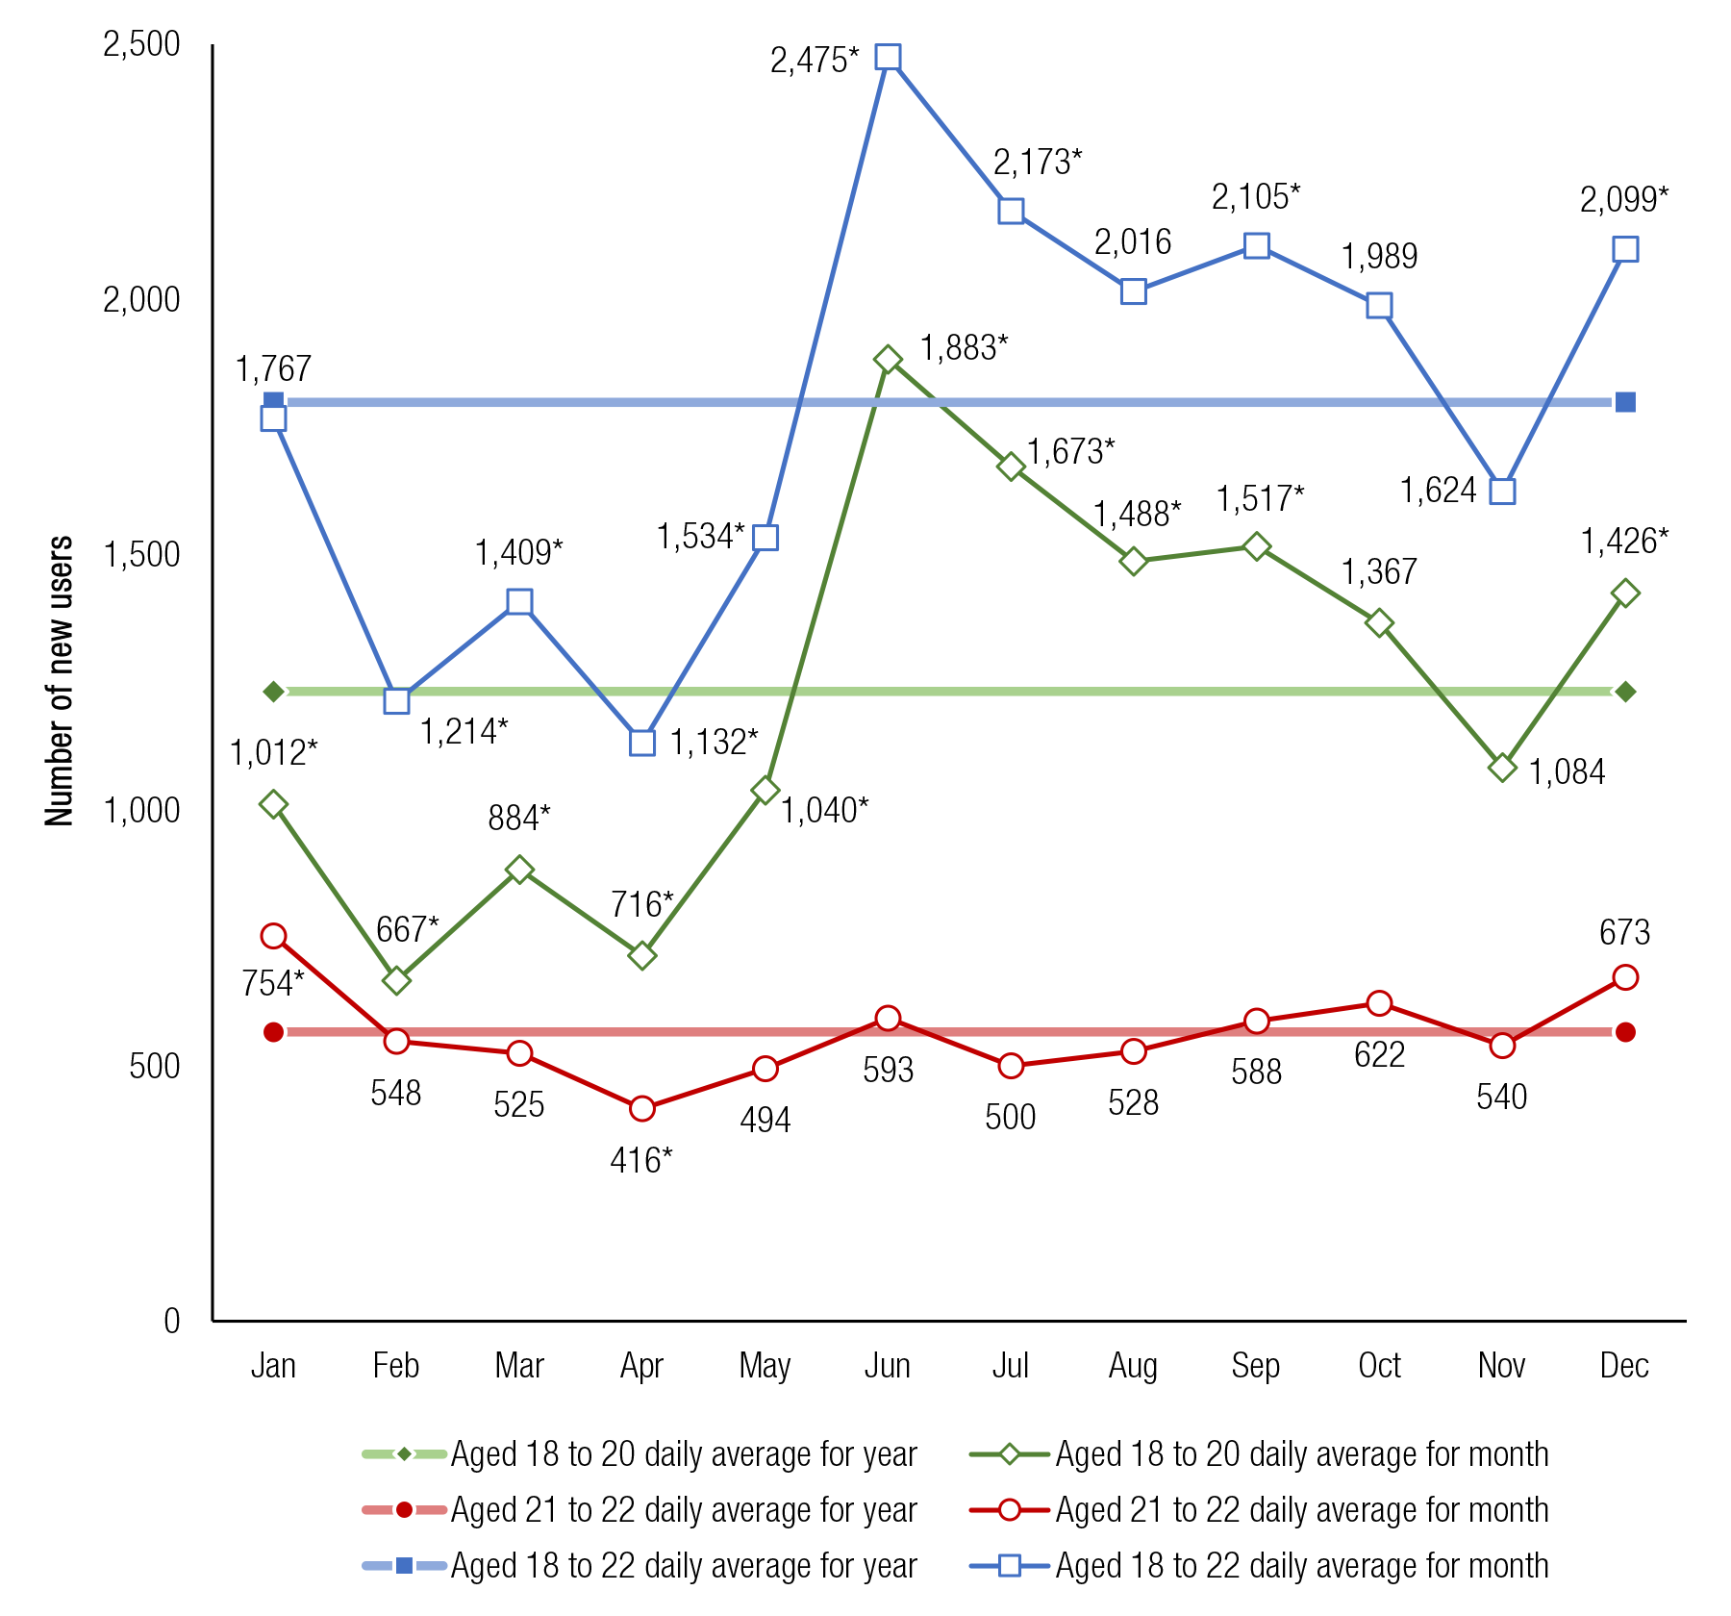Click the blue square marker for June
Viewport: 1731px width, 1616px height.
coord(888,58)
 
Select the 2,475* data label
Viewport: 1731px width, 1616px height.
coord(814,61)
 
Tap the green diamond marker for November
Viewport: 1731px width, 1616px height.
coord(1502,767)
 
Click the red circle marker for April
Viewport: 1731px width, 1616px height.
coord(641,1108)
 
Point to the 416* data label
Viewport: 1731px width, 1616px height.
coord(641,1161)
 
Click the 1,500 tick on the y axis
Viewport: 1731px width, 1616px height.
coord(141,555)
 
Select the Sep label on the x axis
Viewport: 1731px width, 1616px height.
coord(1255,1365)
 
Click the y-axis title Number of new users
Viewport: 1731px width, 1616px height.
coord(60,680)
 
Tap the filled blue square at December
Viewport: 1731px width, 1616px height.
coord(1625,402)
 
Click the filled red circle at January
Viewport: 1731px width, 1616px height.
coord(273,1032)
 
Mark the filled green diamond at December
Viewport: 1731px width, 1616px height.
coord(1625,692)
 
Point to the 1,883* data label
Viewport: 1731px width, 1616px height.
coord(964,348)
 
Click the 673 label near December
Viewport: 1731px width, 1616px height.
coord(1624,932)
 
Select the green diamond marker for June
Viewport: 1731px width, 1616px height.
coord(888,360)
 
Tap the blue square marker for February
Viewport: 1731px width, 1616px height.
coord(396,700)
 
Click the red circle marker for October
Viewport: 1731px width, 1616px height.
coord(1379,1003)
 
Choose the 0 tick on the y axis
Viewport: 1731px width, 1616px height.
coord(171,1321)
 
